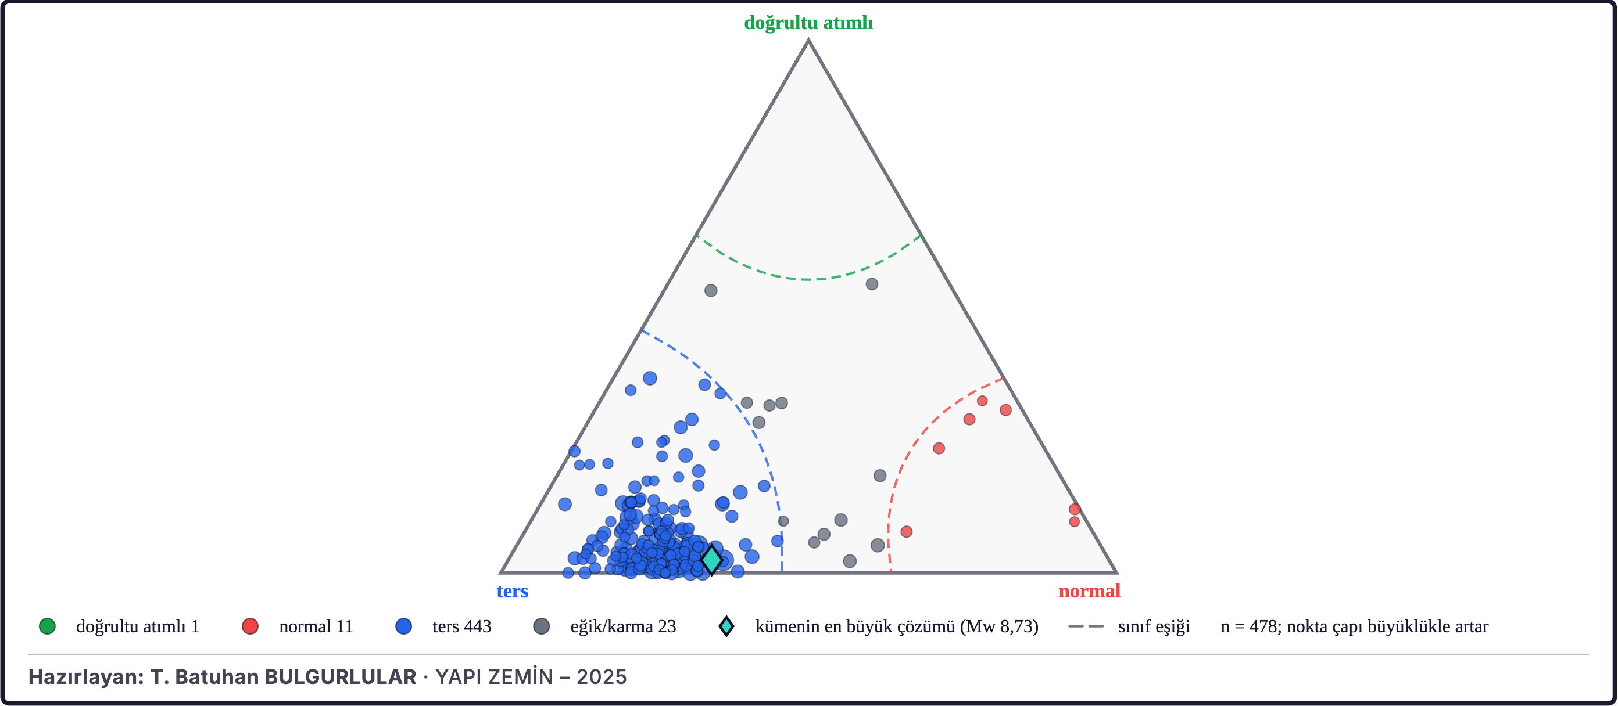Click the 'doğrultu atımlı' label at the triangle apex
click(x=808, y=23)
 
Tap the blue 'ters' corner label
click(x=512, y=591)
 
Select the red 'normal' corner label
click(x=1089, y=591)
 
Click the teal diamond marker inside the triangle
click(x=711, y=559)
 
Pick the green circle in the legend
click(x=47, y=626)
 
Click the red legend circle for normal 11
click(x=250, y=626)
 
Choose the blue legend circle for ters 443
click(x=403, y=626)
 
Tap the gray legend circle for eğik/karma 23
click(x=542, y=626)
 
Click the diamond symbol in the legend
click(x=726, y=626)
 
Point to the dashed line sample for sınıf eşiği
click(x=1086, y=626)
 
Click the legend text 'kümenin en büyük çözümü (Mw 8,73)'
click(x=896, y=626)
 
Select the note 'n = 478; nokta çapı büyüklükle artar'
click(x=1354, y=626)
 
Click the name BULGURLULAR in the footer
click(x=341, y=676)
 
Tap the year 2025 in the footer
click(x=602, y=676)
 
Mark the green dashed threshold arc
click(x=808, y=279)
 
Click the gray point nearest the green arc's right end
click(x=872, y=284)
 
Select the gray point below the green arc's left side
click(x=711, y=290)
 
